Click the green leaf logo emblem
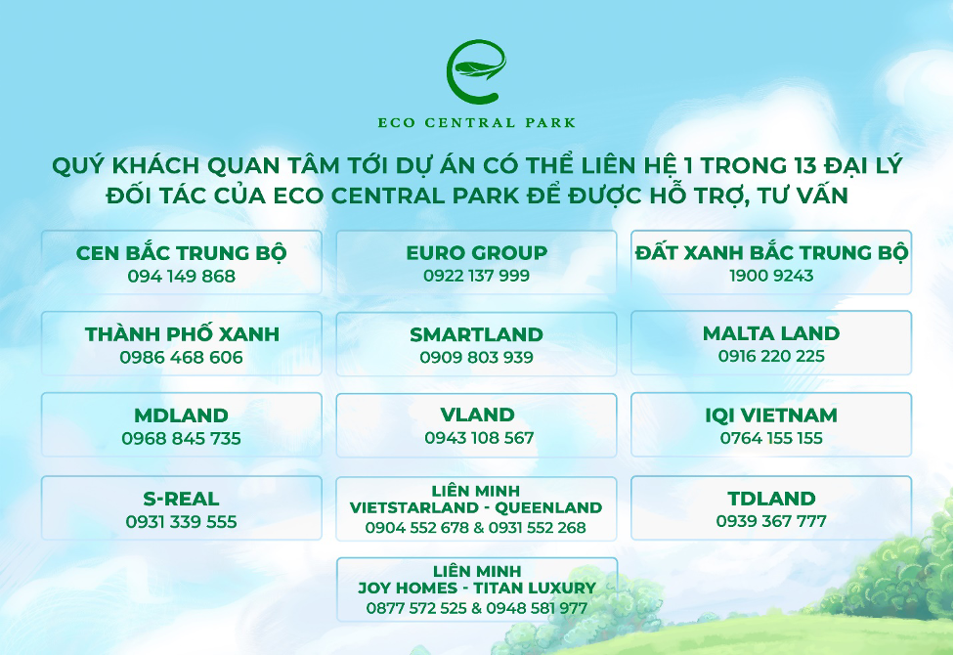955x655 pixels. click(477, 71)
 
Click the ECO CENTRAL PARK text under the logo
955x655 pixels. click(477, 123)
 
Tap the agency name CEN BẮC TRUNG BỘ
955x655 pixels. click(181, 253)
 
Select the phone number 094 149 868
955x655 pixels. click(181, 276)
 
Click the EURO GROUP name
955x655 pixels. click(476, 253)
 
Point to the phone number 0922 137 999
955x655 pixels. click(476, 276)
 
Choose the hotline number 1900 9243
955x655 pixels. click(771, 276)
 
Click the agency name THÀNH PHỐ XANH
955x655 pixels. click(182, 334)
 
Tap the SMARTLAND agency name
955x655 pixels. click(476, 334)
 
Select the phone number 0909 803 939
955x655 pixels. click(476, 357)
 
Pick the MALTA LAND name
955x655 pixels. click(771, 333)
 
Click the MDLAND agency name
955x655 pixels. click(181, 415)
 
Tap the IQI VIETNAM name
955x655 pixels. click(771, 415)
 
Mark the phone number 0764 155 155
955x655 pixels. click(771, 438)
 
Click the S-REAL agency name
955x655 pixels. click(181, 499)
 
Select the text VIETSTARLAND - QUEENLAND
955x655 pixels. click(476, 508)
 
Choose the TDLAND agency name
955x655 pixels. click(771, 499)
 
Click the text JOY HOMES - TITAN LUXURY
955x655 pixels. click(476, 589)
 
